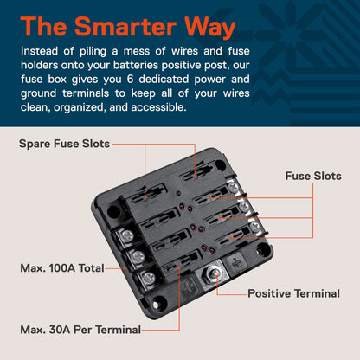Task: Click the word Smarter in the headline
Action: pos(125,26)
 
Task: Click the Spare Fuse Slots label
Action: pos(64,144)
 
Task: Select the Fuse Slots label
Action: pos(313,176)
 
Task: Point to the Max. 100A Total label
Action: pos(62,268)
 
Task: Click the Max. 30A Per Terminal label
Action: pos(80,330)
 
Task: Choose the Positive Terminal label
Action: pos(293,293)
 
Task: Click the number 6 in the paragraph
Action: pos(130,79)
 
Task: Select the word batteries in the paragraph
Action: pos(136,65)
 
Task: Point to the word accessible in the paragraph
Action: pos(158,107)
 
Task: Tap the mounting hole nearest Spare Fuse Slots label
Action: pos(113,212)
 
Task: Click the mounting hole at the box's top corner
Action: pos(221,164)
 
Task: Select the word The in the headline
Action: pos(43,26)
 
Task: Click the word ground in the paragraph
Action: pos(38,93)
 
